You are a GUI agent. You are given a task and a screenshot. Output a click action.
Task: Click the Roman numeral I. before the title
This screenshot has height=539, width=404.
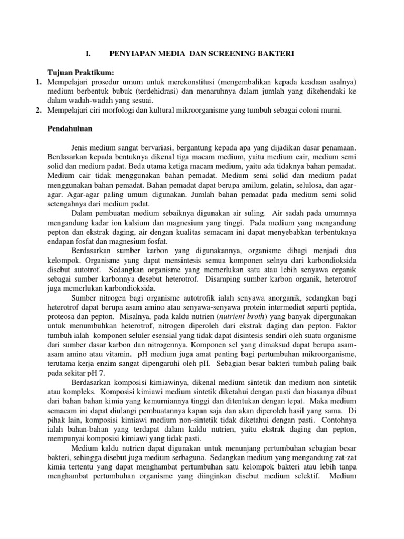point(88,54)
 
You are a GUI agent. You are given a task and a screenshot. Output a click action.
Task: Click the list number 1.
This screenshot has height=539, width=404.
point(38,82)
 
